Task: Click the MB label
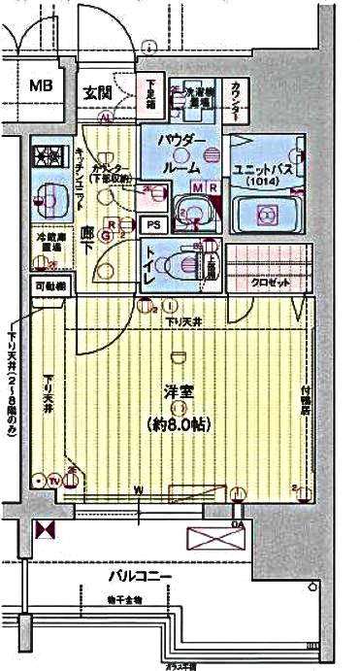(x=40, y=86)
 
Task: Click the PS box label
(x=152, y=224)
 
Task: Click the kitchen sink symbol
(x=46, y=199)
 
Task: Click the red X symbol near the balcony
(x=44, y=530)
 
